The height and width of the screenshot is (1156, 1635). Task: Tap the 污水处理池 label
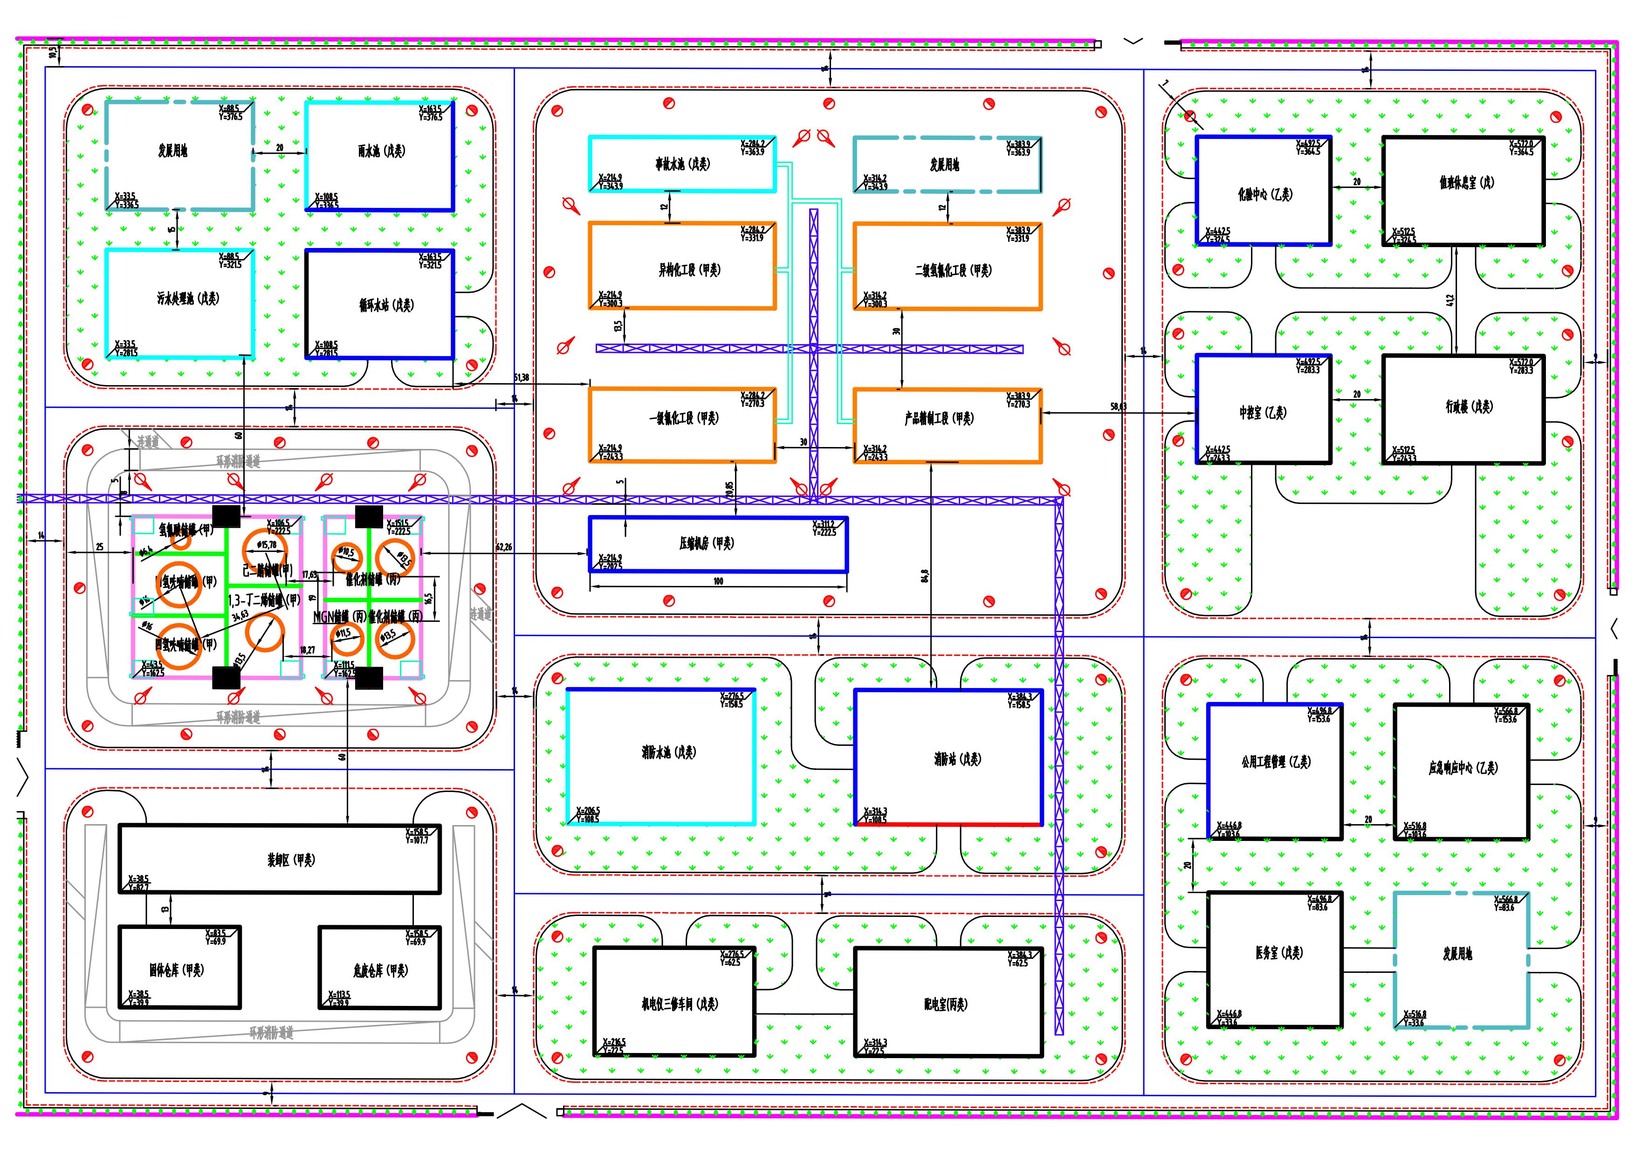pos(188,298)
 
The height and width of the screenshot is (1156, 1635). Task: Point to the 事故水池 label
pos(683,164)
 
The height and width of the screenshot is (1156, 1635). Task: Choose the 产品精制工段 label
pos(939,419)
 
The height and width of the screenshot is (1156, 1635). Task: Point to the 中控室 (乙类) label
pos(1263,413)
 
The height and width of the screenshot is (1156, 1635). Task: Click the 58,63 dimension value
pos(1119,407)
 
